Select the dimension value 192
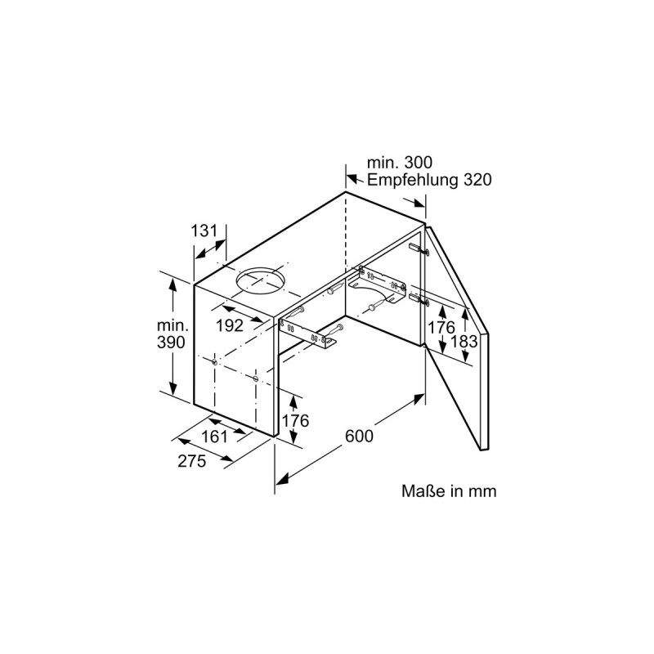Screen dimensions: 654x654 pyautogui.click(x=231, y=325)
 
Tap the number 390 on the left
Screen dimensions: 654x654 pyautogui.click(x=170, y=343)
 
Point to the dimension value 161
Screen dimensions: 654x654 pyautogui.click(x=215, y=436)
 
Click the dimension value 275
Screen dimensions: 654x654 pyautogui.click(x=191, y=461)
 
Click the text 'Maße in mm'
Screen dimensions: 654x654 pyautogui.click(x=449, y=491)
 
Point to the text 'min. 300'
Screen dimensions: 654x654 pyautogui.click(x=400, y=163)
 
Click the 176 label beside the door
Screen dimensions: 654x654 pyautogui.click(x=441, y=327)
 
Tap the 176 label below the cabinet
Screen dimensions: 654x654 pyautogui.click(x=294, y=421)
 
